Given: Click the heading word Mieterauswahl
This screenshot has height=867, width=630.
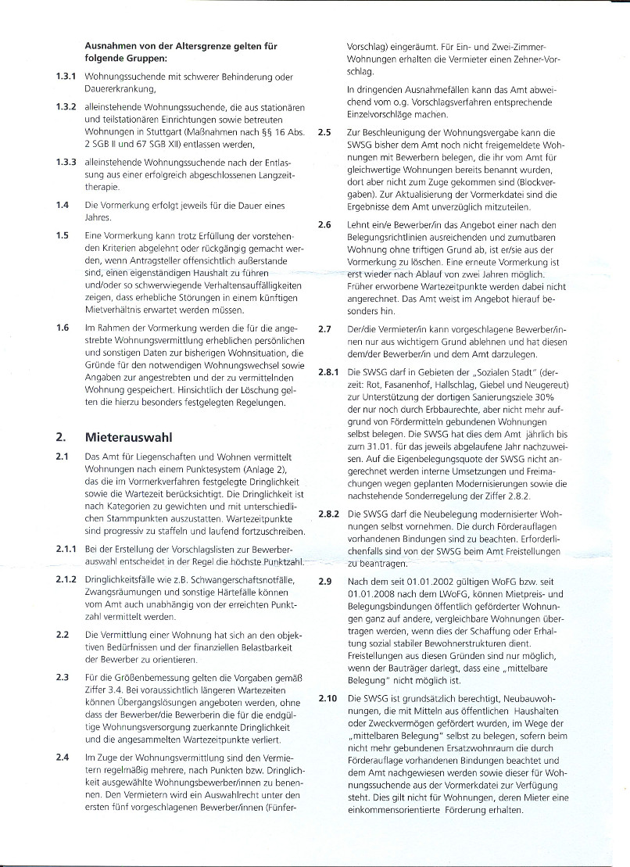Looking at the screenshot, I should (x=127, y=436).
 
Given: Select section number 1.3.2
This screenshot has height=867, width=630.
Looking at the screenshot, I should (x=66, y=106).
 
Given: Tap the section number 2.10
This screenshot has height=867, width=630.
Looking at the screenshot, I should (x=328, y=697).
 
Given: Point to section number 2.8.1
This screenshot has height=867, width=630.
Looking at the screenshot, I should (x=328, y=372).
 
